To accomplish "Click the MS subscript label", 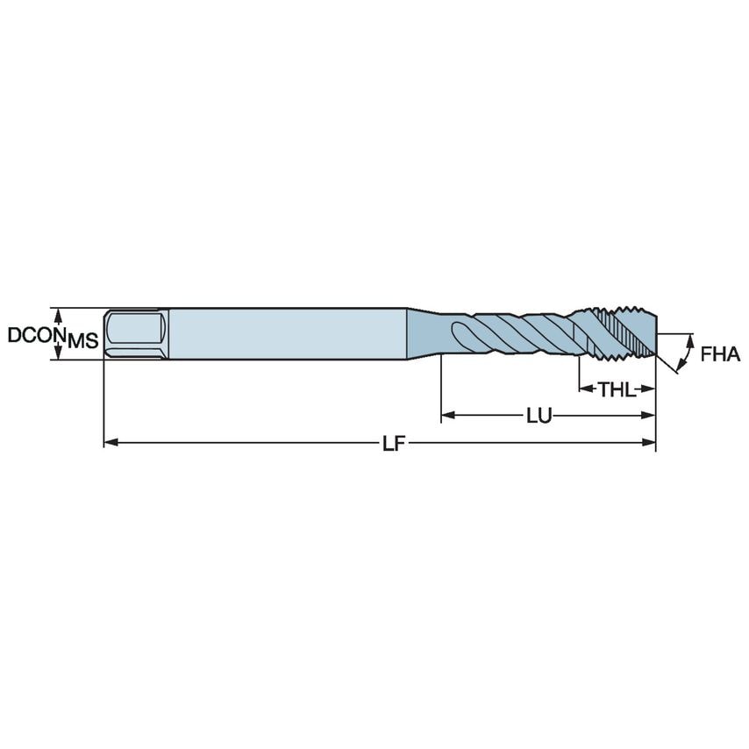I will click(x=83, y=342).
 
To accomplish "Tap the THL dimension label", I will click(x=617, y=389).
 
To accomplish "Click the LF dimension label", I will click(x=393, y=444).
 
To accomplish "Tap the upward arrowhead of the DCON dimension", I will click(x=59, y=312).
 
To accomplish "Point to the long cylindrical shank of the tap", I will click(x=289, y=333).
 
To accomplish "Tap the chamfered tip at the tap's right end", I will click(x=651, y=332).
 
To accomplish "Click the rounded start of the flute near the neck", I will click(x=459, y=333).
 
